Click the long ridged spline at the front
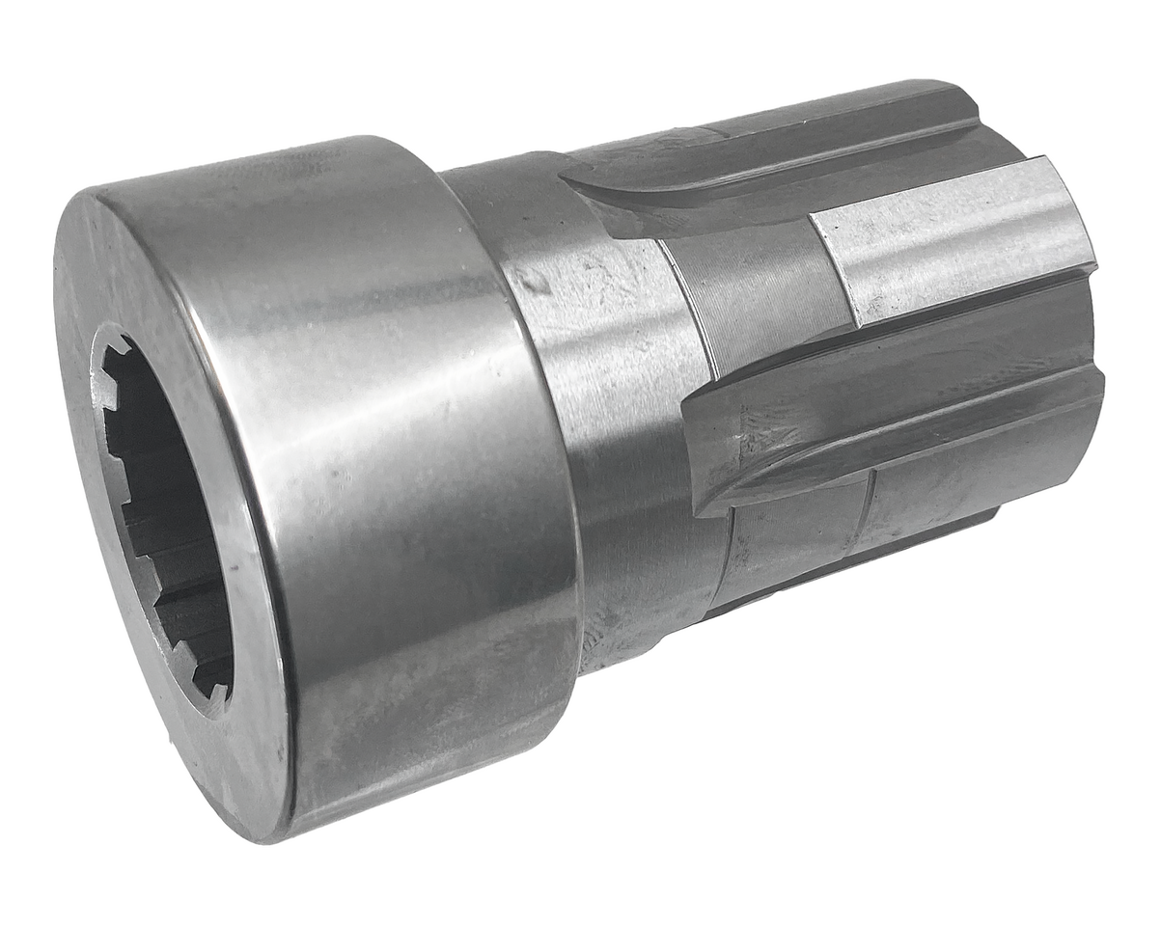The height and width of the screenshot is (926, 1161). [898, 424]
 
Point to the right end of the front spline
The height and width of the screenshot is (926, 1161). [1095, 386]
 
